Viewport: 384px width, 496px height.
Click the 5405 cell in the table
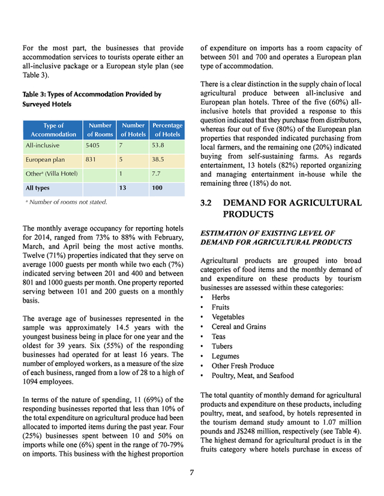(95, 145)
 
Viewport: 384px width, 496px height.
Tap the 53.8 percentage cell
(159, 145)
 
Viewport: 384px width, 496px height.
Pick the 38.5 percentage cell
(159, 160)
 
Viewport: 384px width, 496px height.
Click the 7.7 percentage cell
(157, 174)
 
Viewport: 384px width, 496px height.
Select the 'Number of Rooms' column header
(100, 130)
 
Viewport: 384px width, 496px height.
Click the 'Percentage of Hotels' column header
(167, 130)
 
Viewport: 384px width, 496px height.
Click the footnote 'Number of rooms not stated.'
(68, 202)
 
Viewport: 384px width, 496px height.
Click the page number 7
(192, 473)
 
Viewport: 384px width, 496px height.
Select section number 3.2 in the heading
(209, 203)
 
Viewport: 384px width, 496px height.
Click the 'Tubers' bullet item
(223, 346)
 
